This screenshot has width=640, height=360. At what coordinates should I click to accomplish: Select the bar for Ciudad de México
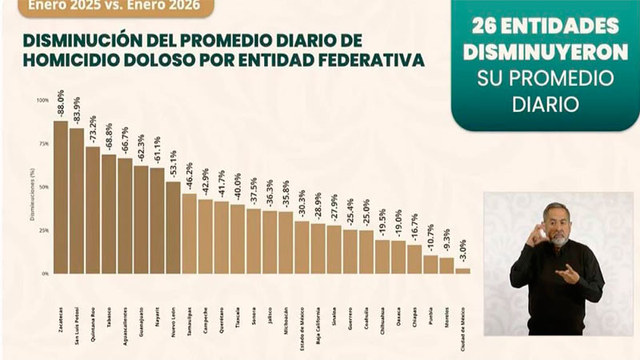462,270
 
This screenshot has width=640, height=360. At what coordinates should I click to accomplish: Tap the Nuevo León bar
173,227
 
